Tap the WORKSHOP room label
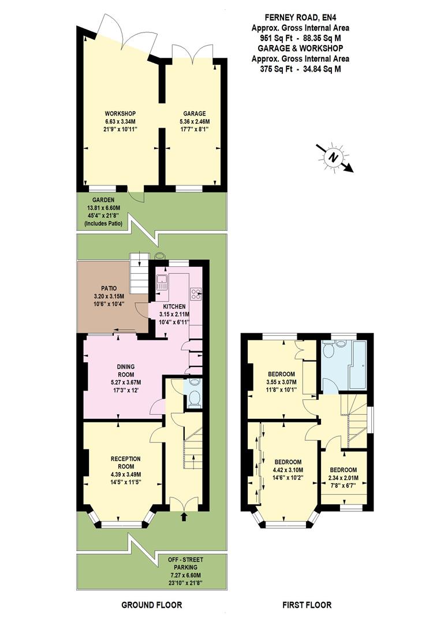120,113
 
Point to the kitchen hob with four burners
196,294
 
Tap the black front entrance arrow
184,517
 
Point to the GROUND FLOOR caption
151,605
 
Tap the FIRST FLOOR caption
307,605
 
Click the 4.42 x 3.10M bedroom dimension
288,470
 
